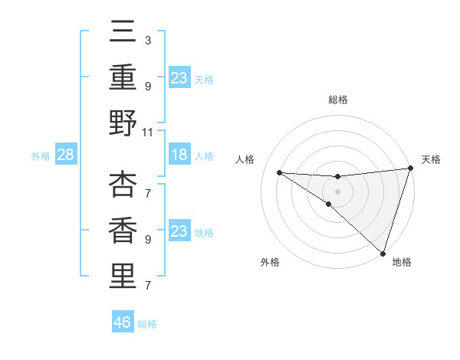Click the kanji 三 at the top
point(123,34)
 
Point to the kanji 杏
point(123,185)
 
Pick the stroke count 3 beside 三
point(147,39)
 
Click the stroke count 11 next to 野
point(149,132)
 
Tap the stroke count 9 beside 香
point(147,239)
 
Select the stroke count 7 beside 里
point(147,286)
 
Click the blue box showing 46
point(123,322)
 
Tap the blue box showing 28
point(65,155)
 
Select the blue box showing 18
point(179,155)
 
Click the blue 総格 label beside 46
point(147,324)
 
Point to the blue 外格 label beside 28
point(41,156)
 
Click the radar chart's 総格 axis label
point(337,100)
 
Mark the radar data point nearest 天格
point(410,169)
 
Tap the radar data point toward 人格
point(279,172)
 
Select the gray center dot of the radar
point(337,191)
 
